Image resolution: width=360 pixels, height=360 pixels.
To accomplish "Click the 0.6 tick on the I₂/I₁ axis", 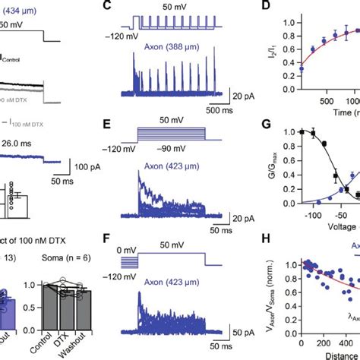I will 284,45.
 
